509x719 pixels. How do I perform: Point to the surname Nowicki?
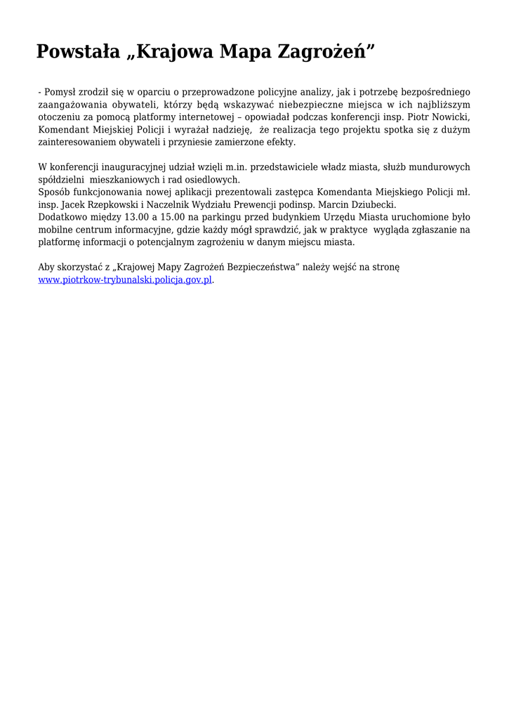point(449,117)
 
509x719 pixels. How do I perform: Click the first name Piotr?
point(416,117)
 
